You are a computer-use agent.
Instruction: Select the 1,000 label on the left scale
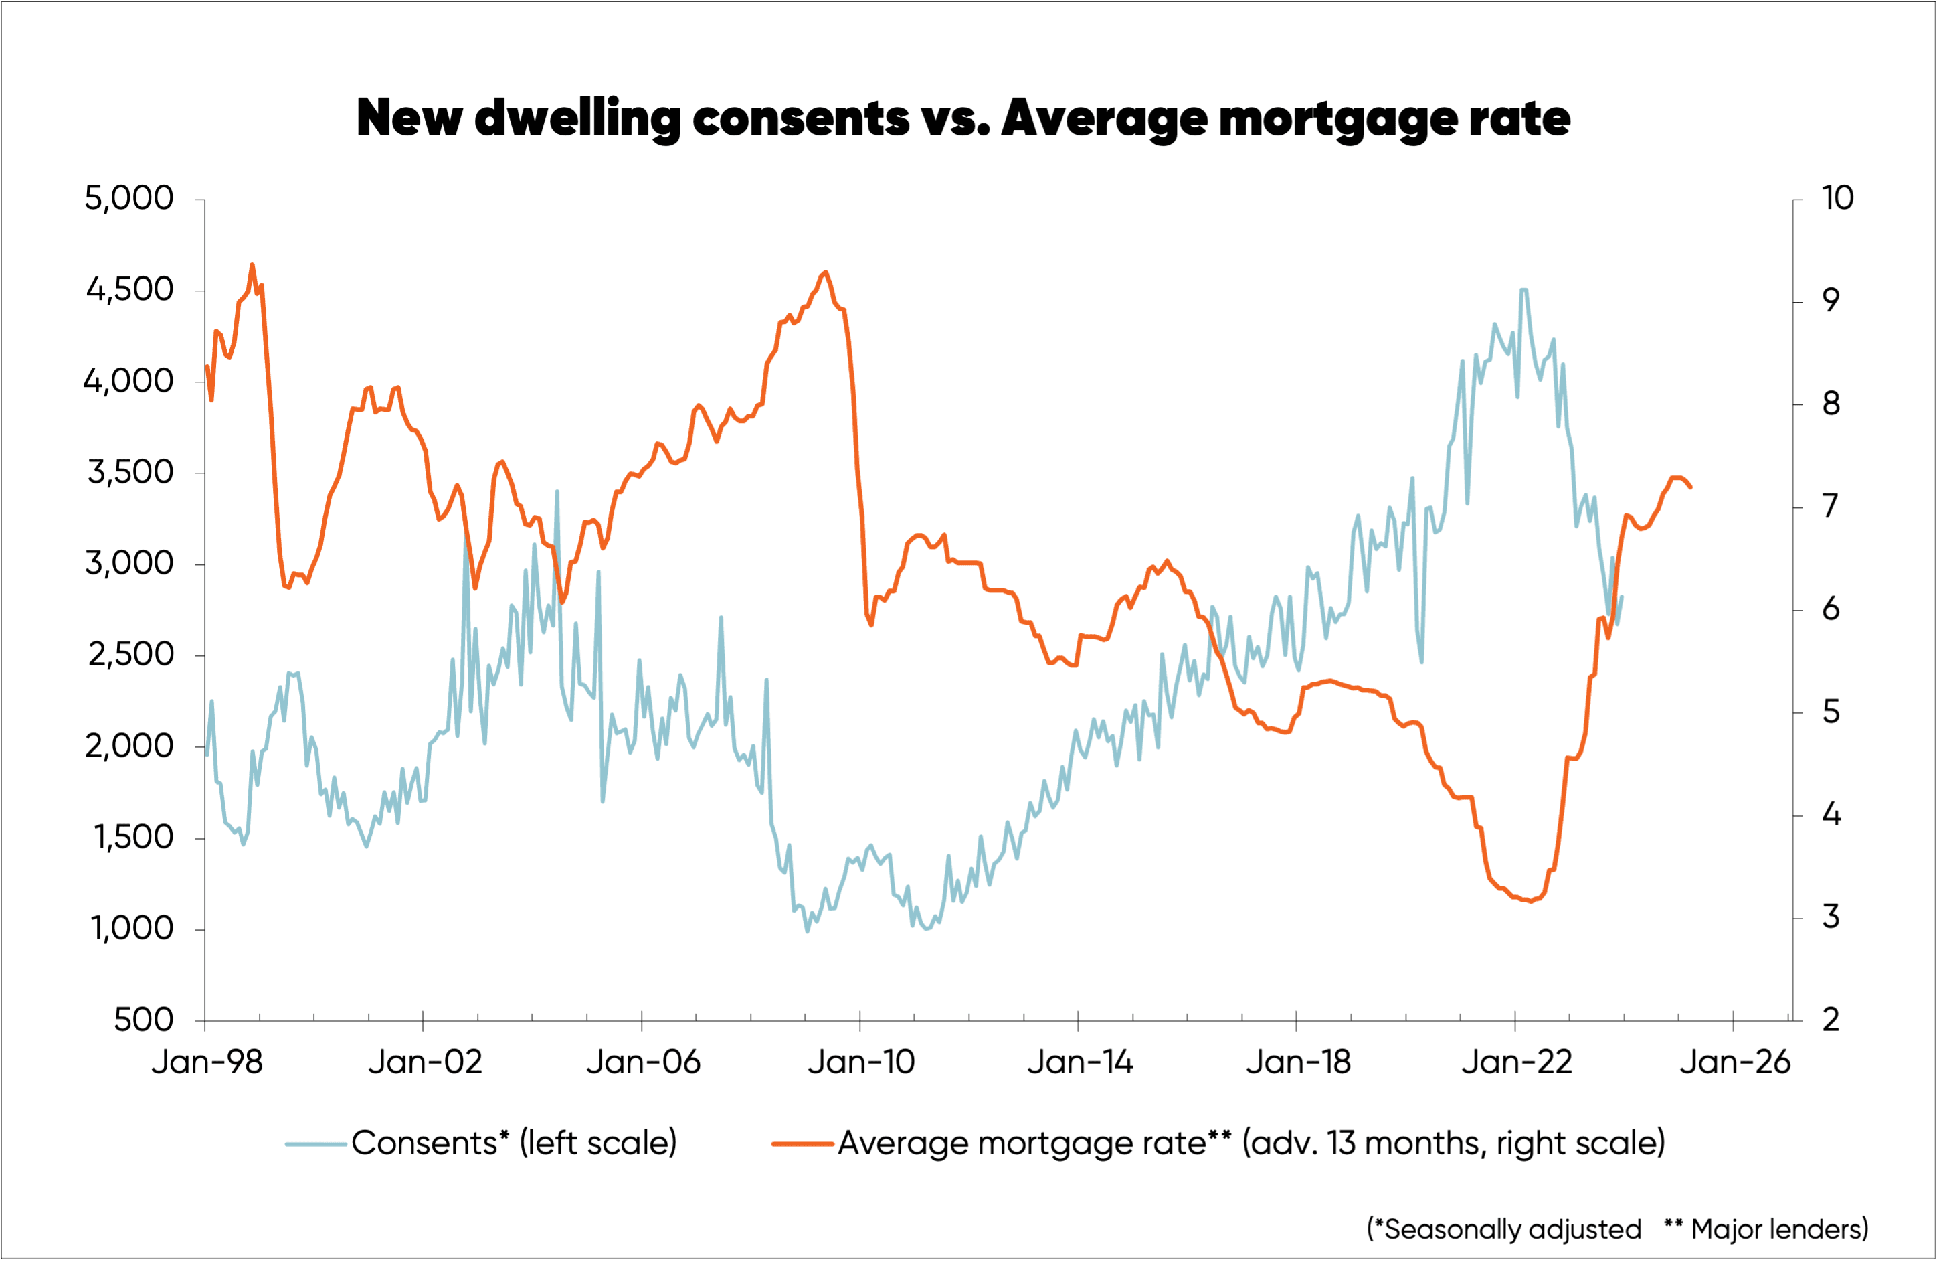(x=131, y=929)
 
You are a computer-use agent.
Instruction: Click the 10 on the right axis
(x=1837, y=198)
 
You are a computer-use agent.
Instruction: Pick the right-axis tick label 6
(x=1830, y=609)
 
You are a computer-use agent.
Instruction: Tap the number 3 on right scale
(x=1830, y=917)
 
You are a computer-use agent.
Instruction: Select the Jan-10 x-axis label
(x=861, y=1062)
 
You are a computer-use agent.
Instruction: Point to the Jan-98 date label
(x=207, y=1062)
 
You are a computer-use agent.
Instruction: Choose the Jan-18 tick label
(x=1297, y=1062)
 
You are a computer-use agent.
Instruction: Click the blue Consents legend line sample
(x=316, y=1144)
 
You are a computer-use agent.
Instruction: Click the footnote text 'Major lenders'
(x=1778, y=1229)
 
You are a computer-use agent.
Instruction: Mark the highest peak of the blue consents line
(x=1523, y=290)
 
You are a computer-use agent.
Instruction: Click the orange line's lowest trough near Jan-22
(x=1531, y=902)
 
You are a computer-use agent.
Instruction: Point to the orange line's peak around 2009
(x=826, y=272)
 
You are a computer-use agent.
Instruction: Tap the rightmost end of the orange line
(x=1691, y=487)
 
